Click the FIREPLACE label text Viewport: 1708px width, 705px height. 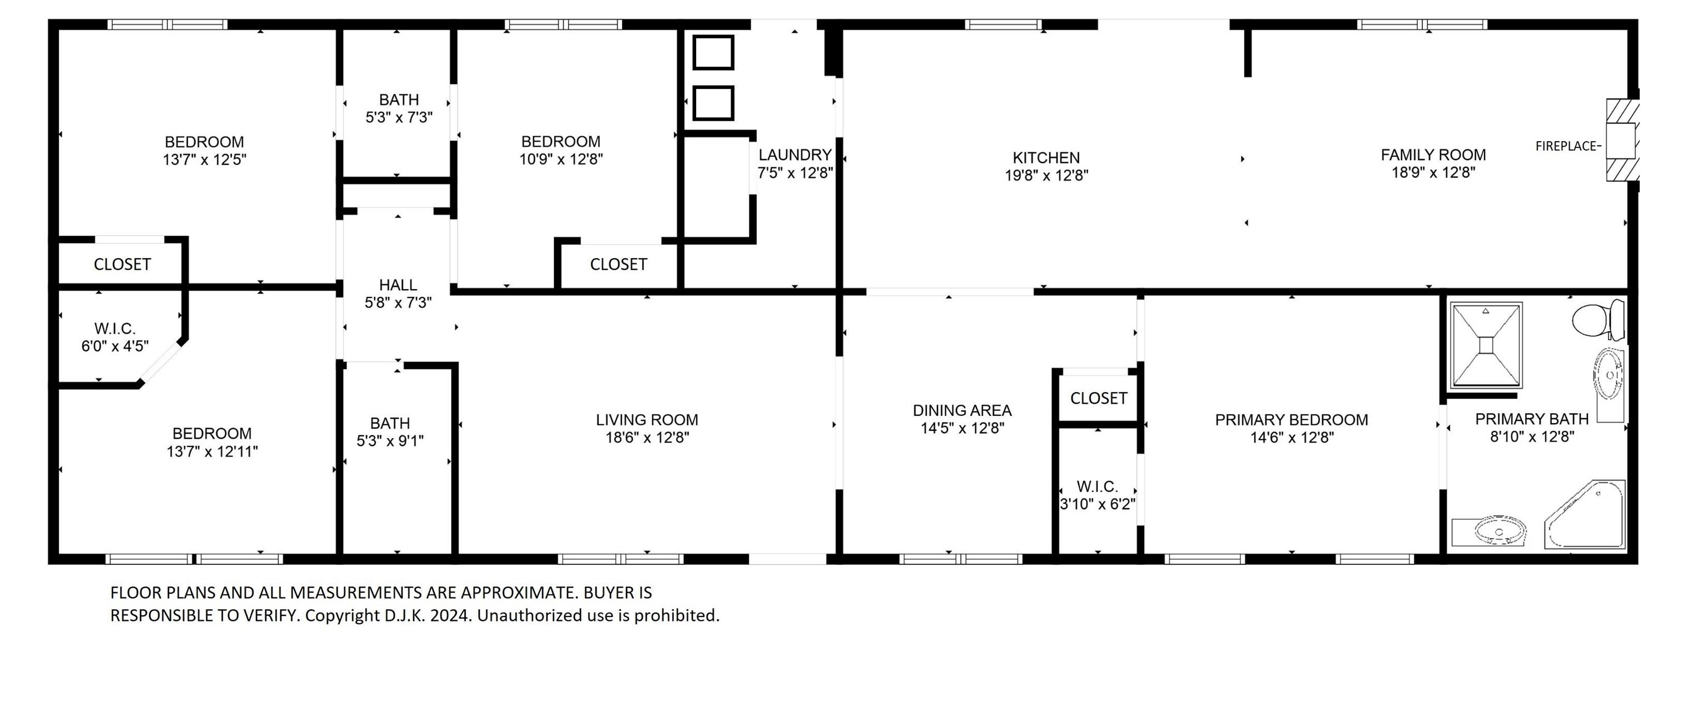coord(1566,146)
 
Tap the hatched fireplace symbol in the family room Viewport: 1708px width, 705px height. coord(1622,141)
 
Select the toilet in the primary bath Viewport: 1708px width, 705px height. coord(1597,320)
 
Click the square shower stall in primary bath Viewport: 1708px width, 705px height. coord(1486,345)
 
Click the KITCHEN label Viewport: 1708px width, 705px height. coord(1046,158)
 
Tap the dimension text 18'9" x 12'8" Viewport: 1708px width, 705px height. coord(1433,172)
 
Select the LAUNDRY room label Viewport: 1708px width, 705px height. coord(795,155)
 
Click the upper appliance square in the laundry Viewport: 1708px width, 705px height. coord(713,52)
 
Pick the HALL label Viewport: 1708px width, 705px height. coord(398,285)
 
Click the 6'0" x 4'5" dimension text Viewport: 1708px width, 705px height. coord(115,345)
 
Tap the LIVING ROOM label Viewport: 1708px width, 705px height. coord(647,420)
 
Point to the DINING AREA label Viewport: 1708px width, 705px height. coord(961,410)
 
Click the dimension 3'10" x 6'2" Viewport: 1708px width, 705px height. coord(1098,504)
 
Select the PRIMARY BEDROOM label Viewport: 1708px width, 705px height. coord(1291,420)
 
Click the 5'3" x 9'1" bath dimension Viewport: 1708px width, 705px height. coord(390,440)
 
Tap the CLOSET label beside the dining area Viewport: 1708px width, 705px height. coord(1098,398)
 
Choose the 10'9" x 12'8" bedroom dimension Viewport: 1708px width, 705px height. coord(561,159)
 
